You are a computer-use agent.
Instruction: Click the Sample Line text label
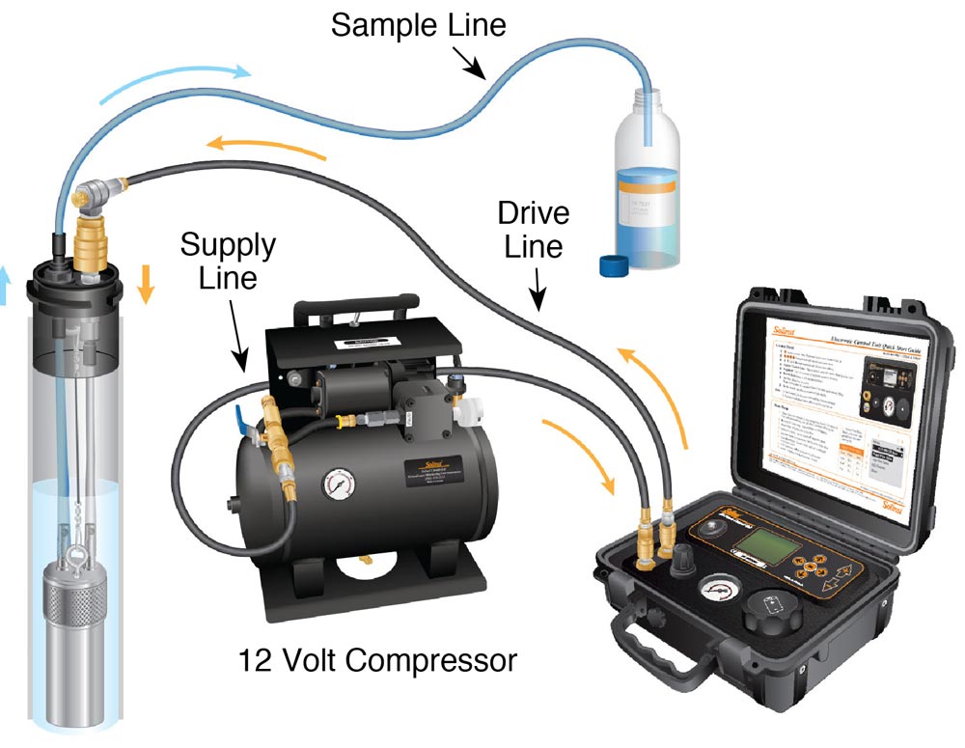point(418,24)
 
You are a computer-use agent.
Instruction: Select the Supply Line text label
point(228,263)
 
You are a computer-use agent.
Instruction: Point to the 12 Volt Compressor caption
point(378,661)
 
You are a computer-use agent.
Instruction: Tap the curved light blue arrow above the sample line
point(179,85)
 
